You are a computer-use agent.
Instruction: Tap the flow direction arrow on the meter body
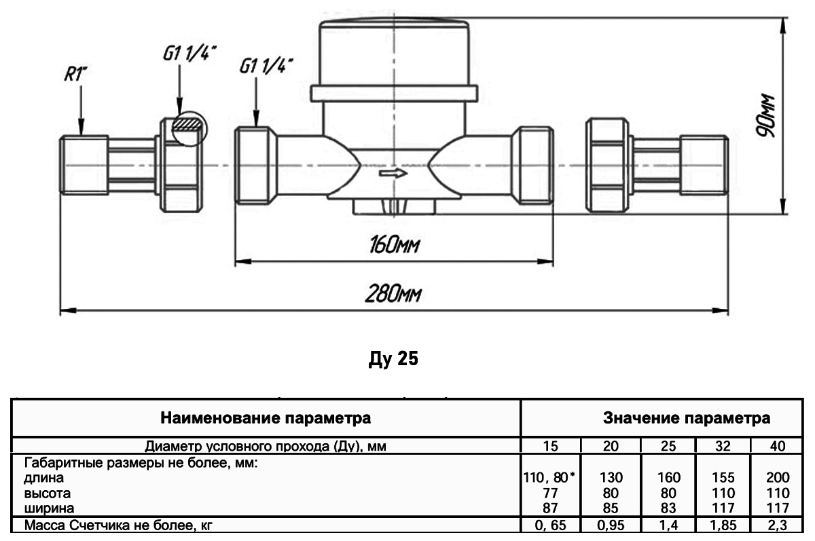click(x=393, y=174)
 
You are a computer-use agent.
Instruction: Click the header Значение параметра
click(x=687, y=418)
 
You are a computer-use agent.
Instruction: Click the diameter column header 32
click(x=723, y=446)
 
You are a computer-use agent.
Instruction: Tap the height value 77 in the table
click(x=550, y=493)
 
